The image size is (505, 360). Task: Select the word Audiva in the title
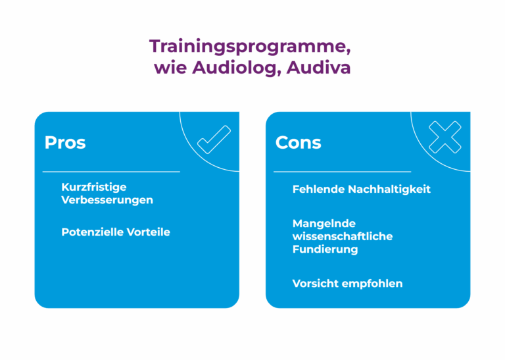tap(318, 68)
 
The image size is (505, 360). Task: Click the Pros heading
tap(65, 142)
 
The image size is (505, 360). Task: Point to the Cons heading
tap(299, 142)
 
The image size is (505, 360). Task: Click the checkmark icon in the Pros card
tap(214, 140)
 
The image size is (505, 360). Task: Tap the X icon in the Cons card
tap(445, 137)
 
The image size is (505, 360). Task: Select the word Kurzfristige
tap(94, 188)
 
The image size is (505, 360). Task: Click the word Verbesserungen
tap(107, 200)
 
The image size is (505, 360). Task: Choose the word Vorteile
tap(149, 232)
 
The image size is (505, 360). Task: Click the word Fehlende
tap(318, 189)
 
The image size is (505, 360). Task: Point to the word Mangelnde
tap(324, 223)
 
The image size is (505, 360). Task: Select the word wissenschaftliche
tap(343, 236)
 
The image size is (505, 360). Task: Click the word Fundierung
tap(325, 249)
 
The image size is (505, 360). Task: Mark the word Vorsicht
tap(316, 284)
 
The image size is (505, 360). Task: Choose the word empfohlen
tap(372, 284)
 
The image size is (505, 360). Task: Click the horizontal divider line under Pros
tap(111, 172)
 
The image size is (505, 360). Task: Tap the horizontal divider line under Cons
tap(343, 172)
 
